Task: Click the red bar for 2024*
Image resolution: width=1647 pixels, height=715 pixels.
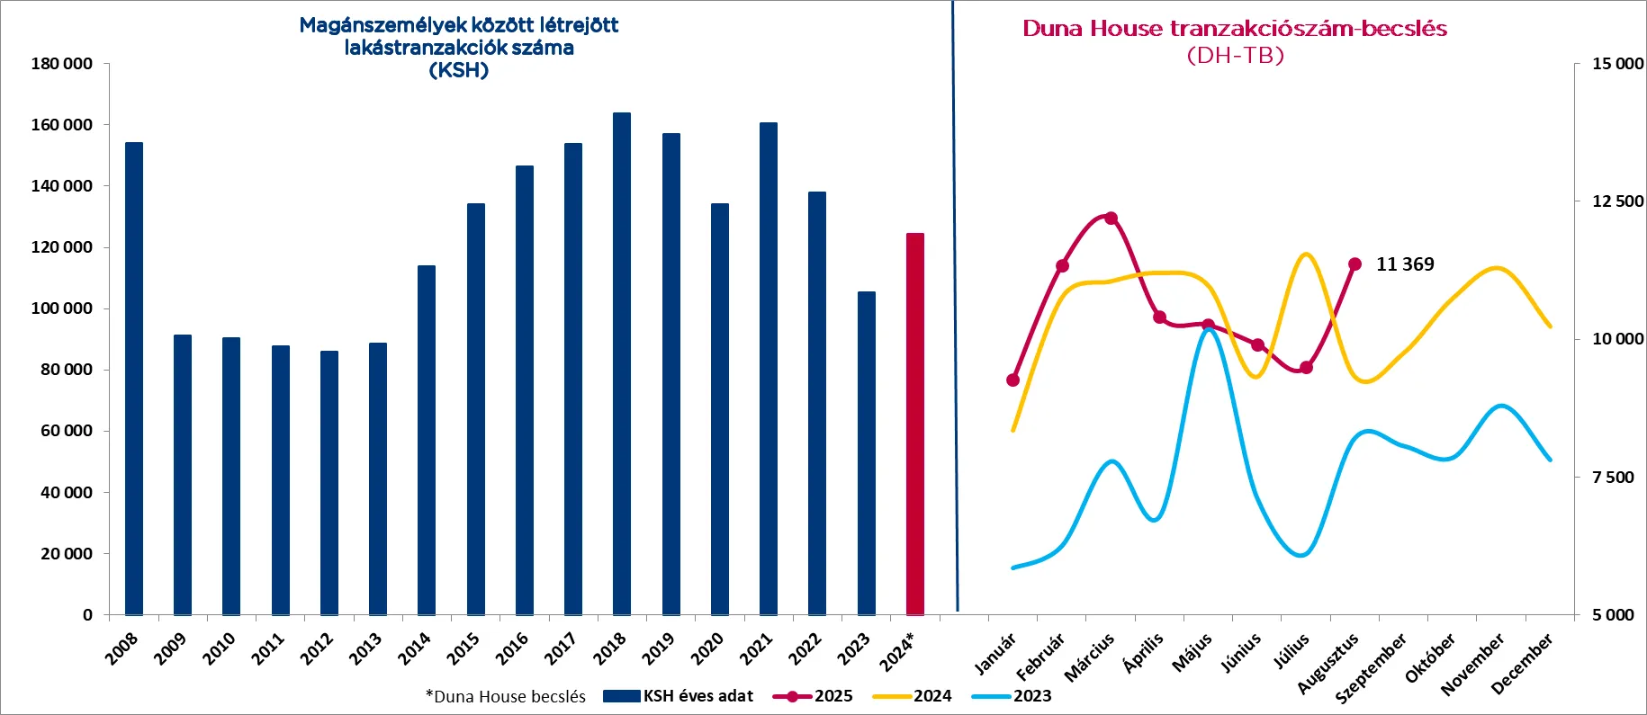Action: point(914,423)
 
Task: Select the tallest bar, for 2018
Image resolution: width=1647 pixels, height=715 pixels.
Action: point(622,363)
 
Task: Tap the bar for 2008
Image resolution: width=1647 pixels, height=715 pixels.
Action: point(134,378)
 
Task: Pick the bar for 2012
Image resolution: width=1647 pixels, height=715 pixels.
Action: point(329,482)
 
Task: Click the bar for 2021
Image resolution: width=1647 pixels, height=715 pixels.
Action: point(769,369)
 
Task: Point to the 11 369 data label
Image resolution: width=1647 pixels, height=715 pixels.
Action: point(1405,264)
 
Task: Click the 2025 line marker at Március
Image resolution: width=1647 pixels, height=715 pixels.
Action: point(1111,219)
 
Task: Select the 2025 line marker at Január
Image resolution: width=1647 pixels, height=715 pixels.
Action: point(1012,380)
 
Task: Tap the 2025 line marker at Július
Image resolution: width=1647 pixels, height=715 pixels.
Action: point(1307,367)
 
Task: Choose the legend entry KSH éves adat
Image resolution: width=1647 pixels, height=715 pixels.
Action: point(679,696)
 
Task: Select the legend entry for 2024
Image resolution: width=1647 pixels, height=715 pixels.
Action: point(913,696)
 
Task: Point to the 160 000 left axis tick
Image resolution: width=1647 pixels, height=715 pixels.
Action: point(61,125)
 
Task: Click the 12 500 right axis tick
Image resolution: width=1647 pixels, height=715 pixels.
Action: point(1617,201)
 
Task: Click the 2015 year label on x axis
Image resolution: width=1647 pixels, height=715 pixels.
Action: point(463,648)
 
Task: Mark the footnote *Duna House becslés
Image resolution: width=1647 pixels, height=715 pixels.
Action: point(505,697)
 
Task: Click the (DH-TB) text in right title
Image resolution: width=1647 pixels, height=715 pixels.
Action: point(1235,56)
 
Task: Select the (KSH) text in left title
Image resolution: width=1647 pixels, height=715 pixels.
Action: point(459,70)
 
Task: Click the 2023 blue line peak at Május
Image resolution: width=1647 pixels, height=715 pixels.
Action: point(1209,330)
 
